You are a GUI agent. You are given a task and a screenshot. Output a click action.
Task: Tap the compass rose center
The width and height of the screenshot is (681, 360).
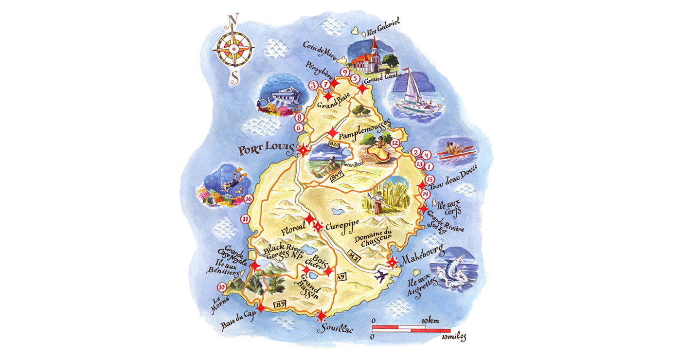coord(233,50)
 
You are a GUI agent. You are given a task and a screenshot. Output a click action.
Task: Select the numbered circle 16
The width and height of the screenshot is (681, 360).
coord(248,199)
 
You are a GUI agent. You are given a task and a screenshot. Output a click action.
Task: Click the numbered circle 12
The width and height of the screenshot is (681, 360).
coord(394,143)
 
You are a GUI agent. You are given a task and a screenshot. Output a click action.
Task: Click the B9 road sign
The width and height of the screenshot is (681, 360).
coord(279,305)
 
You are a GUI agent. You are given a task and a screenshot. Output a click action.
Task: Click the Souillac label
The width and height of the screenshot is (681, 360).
coord(335,330)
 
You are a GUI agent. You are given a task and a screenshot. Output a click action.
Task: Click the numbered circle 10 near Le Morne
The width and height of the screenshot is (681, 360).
coord(222,287)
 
